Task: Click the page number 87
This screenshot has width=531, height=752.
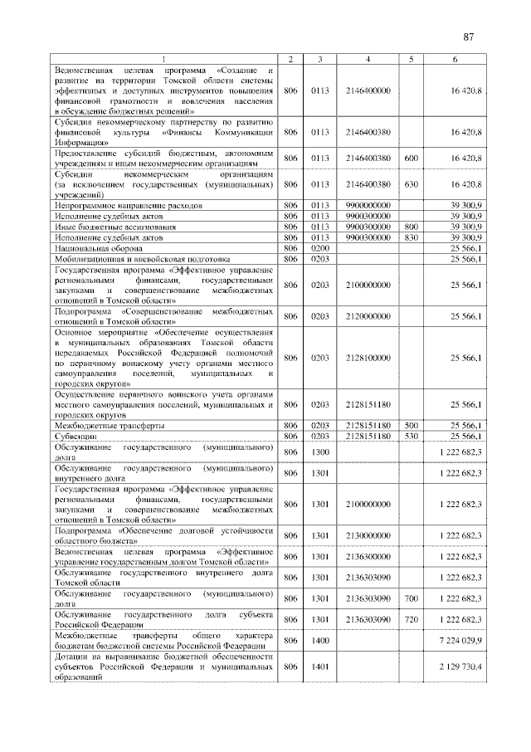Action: [x=468, y=37]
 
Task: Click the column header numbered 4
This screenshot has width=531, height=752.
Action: [x=368, y=58]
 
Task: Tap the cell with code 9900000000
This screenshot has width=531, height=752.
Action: [x=368, y=204]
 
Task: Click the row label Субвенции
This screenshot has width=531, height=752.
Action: [x=76, y=435]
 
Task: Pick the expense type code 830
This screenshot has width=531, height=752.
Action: [x=411, y=237]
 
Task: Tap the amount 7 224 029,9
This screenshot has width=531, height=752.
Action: [x=455, y=641]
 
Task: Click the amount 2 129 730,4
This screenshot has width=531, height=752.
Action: [x=455, y=667]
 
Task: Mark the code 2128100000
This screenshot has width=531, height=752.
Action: [x=368, y=358]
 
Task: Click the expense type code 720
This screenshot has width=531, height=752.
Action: [x=411, y=619]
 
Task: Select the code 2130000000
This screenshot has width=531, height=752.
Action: [x=368, y=535]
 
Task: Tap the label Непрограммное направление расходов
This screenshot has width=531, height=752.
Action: [x=127, y=204]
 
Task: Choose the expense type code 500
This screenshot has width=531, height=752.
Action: [x=411, y=425]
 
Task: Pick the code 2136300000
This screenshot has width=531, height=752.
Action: [x=368, y=556]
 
